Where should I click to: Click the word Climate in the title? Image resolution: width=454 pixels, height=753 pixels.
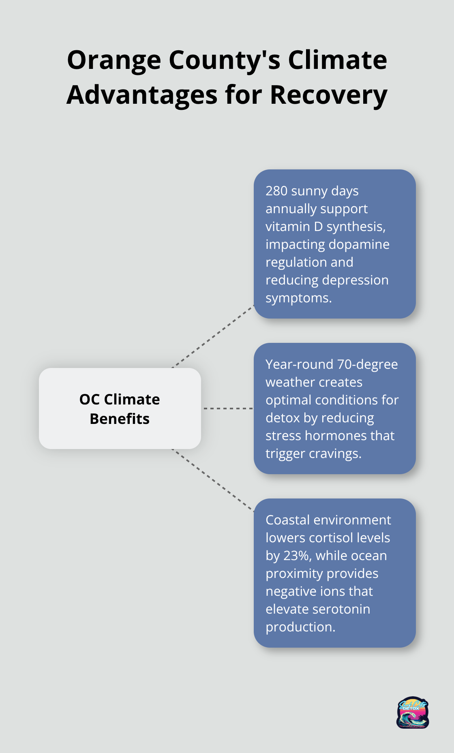pyautogui.click(x=337, y=60)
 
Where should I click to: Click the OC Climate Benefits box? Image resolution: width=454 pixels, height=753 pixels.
pyautogui.click(x=120, y=409)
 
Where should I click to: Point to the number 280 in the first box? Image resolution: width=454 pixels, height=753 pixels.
pyautogui.click(x=276, y=191)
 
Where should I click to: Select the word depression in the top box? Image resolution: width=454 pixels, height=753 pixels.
pyautogui.click(x=358, y=280)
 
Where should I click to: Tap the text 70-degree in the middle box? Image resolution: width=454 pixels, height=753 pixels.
pyautogui.click(x=367, y=364)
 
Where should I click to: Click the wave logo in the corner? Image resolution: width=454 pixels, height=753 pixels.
pyautogui.click(x=412, y=712)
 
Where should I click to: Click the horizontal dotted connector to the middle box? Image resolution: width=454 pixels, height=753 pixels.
pyautogui.click(x=228, y=409)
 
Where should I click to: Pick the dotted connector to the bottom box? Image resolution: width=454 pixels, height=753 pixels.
pyautogui.click(x=213, y=480)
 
